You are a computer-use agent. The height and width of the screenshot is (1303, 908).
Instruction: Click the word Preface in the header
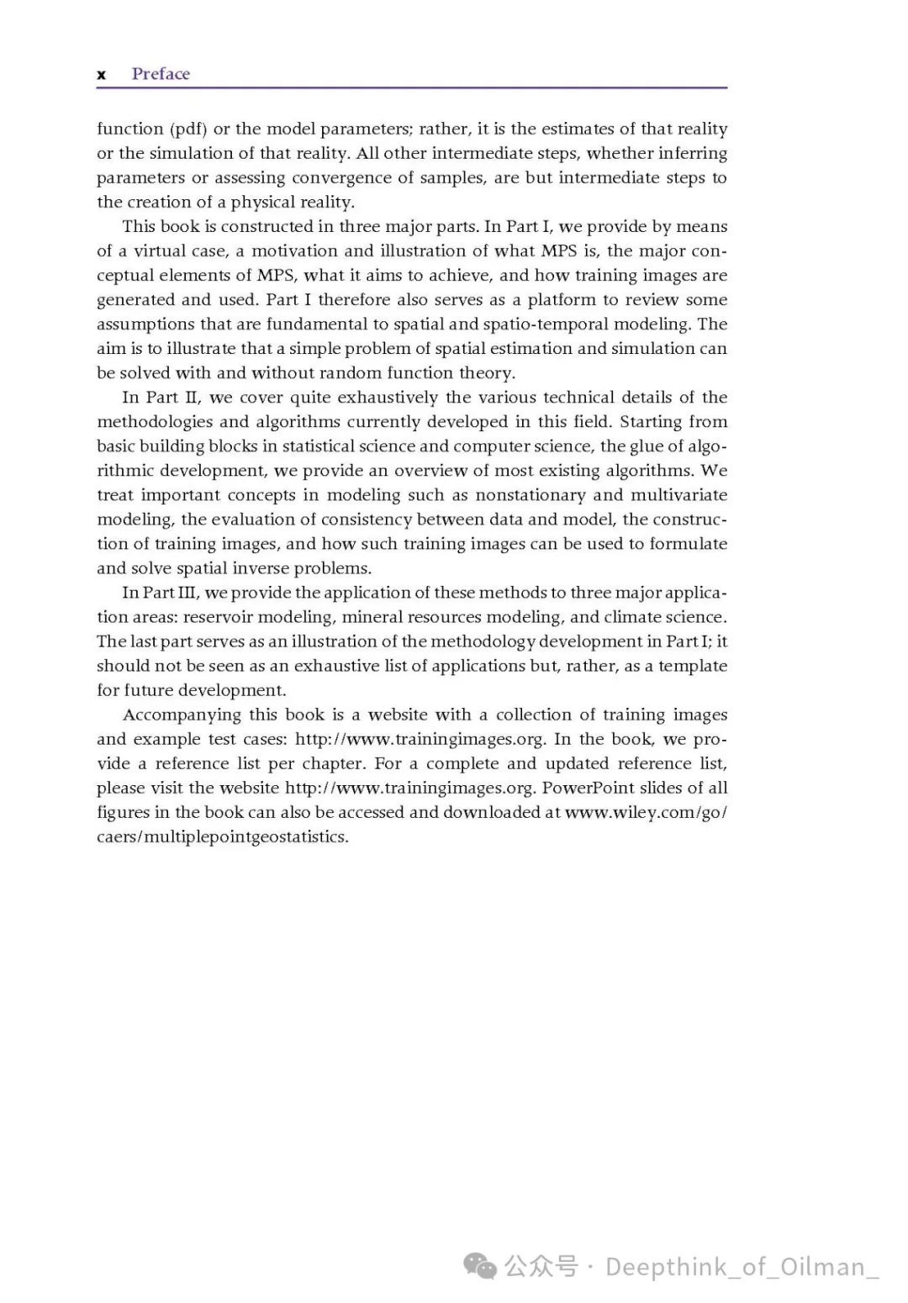161,74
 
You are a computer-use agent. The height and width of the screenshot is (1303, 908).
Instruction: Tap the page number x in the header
102,75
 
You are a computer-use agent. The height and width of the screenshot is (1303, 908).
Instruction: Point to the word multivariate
671,494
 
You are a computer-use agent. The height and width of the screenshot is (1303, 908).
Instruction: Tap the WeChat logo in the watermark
480,1266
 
